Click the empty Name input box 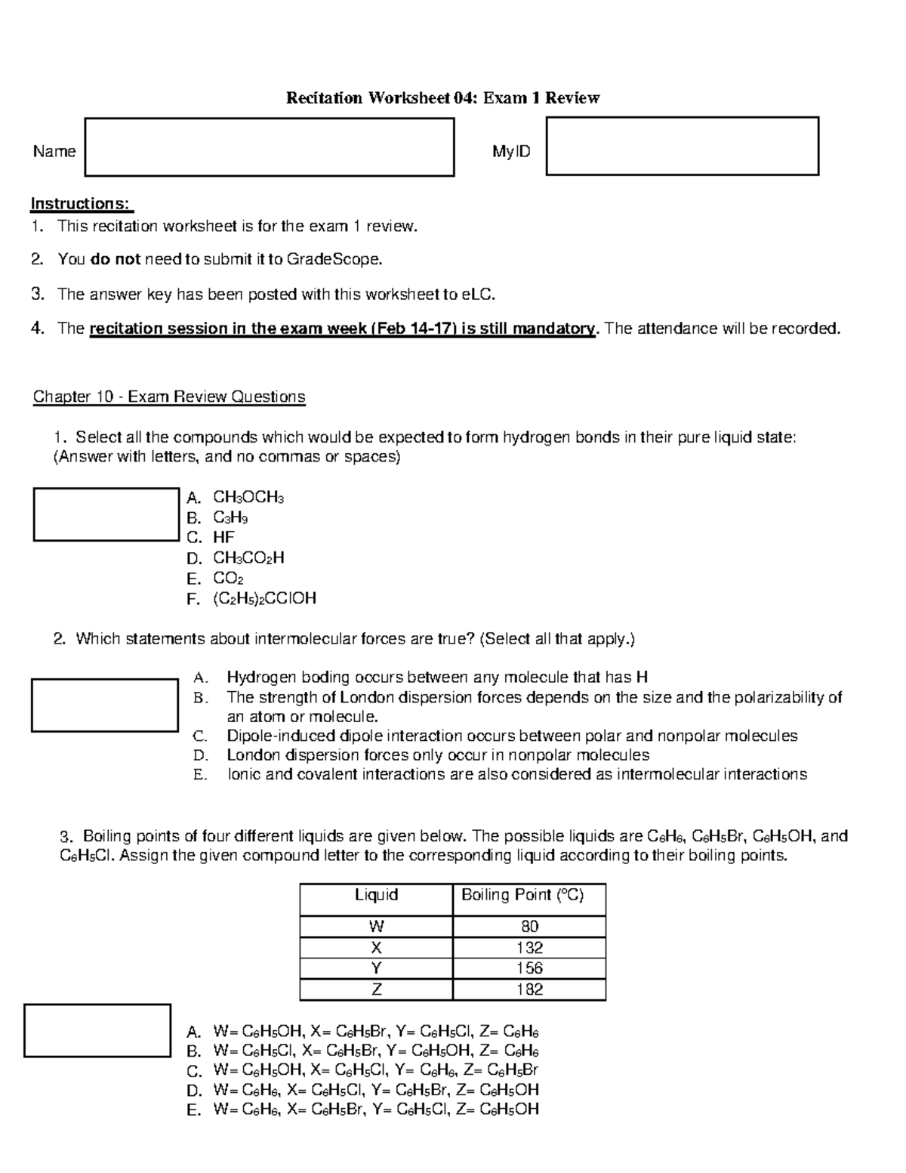(270, 147)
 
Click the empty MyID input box (682, 147)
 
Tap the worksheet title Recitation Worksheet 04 (442, 98)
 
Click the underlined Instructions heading (82, 204)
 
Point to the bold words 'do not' (115, 260)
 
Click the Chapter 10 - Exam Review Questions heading (169, 397)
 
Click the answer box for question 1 (106, 514)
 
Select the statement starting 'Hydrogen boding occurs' (437, 678)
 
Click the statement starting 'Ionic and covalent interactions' (516, 774)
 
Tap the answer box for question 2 (104, 705)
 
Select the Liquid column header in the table (376, 895)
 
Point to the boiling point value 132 (529, 948)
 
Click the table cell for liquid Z (376, 989)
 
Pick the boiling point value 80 (529, 927)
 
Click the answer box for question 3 (97, 1030)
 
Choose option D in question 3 (376, 1090)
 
